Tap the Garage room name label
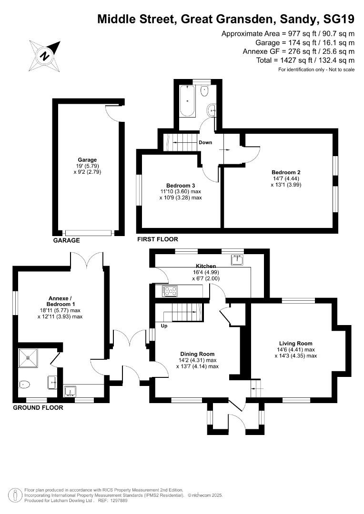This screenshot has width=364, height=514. click(87, 160)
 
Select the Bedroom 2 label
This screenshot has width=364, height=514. click(286, 172)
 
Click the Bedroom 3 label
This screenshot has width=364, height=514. click(181, 185)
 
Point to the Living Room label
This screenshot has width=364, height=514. click(295, 343)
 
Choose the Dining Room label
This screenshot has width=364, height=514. click(197, 354)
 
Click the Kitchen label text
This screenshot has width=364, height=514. click(206, 266)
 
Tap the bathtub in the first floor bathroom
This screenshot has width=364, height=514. click(187, 101)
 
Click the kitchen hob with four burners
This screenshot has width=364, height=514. click(170, 290)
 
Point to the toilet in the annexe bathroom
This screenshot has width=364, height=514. click(25, 384)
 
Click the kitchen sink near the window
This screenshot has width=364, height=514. click(237, 259)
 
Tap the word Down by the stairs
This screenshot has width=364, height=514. click(205, 142)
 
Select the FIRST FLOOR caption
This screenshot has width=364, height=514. click(157, 239)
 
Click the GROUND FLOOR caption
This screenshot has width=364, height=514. click(38, 407)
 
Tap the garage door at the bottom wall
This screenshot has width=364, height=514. click(89, 233)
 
